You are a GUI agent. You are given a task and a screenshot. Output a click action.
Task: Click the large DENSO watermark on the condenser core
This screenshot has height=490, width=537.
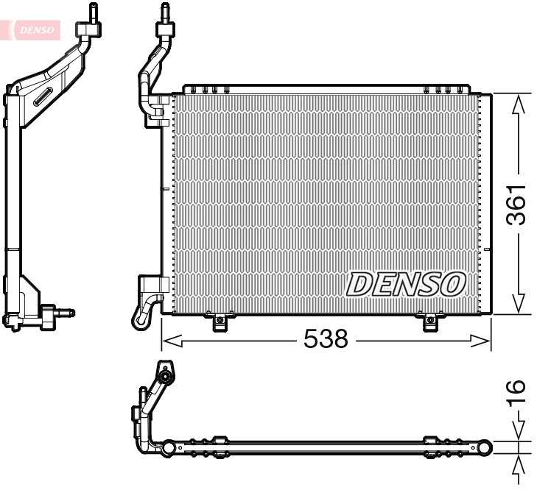(406, 284)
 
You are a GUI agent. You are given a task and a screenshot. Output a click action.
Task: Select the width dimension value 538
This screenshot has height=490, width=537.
(326, 338)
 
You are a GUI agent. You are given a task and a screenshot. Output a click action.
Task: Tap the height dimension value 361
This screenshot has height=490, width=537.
(516, 205)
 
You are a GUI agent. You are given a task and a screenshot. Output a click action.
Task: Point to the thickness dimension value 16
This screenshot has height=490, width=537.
(516, 393)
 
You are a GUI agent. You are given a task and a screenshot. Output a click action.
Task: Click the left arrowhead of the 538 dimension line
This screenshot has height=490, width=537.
(172, 341)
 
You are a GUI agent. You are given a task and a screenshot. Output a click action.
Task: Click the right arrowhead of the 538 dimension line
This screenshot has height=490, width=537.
(481, 341)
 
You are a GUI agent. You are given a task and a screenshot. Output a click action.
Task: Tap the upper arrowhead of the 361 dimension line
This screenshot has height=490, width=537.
(519, 104)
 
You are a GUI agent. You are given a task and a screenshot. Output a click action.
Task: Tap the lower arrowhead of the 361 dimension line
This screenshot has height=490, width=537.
(519, 302)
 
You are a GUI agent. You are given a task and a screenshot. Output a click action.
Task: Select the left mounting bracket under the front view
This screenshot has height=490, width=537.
(220, 322)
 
